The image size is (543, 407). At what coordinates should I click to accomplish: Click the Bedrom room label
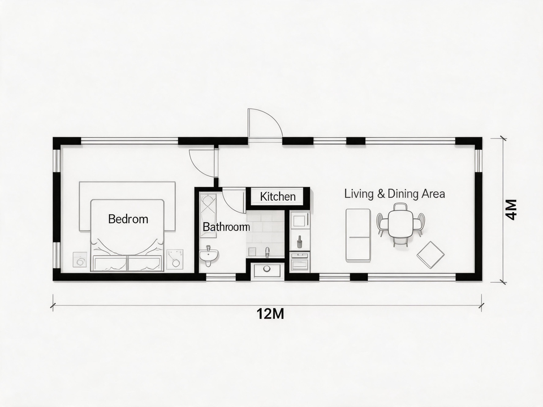[x=128, y=219]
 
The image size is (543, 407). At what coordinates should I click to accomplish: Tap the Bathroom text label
[x=226, y=227]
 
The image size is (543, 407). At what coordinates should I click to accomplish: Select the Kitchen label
[x=278, y=197]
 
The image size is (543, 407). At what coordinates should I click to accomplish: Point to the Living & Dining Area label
[x=394, y=193]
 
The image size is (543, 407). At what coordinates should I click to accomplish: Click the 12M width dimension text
[x=270, y=314]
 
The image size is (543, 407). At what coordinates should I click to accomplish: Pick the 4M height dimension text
[x=511, y=210]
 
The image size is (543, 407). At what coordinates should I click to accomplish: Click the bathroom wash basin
[x=209, y=256]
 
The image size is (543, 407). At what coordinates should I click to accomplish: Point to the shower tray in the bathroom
[x=208, y=215]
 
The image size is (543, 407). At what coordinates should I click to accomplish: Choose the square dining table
[x=400, y=224]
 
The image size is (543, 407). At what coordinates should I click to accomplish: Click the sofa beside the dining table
[x=359, y=235]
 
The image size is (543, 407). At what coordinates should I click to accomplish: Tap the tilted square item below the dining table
[x=430, y=255]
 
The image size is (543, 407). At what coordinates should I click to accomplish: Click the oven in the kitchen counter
[x=300, y=262]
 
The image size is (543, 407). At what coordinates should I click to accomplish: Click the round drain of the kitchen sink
[x=266, y=269]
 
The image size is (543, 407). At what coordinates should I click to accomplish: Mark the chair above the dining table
[x=400, y=207]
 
